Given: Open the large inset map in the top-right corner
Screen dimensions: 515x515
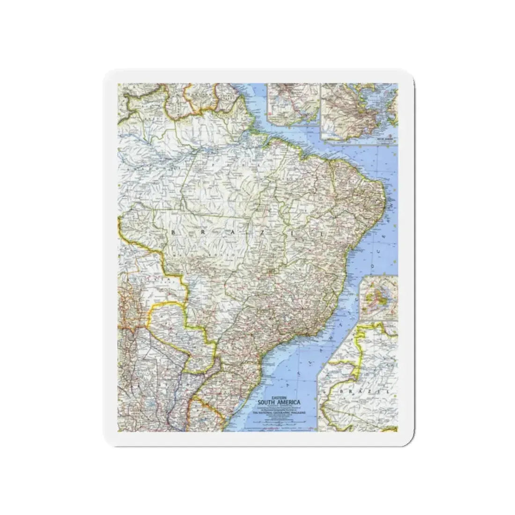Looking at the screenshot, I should point(359,110).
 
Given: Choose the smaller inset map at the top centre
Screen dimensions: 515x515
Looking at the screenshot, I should point(293,105).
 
